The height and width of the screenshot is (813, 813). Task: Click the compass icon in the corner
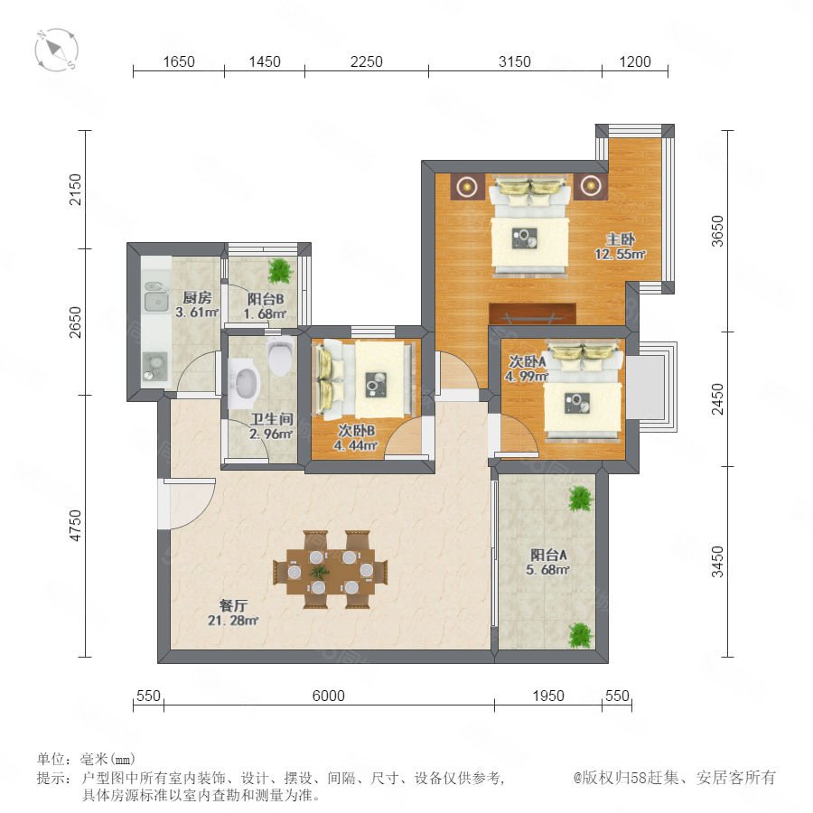[x=57, y=50]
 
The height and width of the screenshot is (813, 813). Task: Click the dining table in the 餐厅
[x=331, y=570]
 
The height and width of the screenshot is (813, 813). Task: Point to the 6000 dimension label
[x=328, y=696]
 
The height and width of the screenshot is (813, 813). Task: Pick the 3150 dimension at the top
[x=514, y=61]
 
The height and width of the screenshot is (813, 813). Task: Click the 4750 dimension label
[x=76, y=526]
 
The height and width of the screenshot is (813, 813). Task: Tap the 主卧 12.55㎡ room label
[x=620, y=247]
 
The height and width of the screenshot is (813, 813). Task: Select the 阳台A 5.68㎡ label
[x=548, y=562]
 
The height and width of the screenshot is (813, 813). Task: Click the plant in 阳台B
[x=281, y=271]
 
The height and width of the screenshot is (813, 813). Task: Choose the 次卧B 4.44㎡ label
[x=356, y=437]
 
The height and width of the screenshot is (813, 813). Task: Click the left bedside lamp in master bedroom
[x=468, y=185]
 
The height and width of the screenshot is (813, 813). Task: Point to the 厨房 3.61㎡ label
[x=197, y=305]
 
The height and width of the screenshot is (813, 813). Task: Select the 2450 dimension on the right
[x=717, y=398]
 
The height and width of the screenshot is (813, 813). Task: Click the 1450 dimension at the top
[x=265, y=61]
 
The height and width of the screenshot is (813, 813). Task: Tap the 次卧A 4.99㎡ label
[x=527, y=369]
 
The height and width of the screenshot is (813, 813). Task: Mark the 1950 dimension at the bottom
[x=548, y=696]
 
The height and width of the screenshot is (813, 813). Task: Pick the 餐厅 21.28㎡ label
[x=233, y=612]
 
